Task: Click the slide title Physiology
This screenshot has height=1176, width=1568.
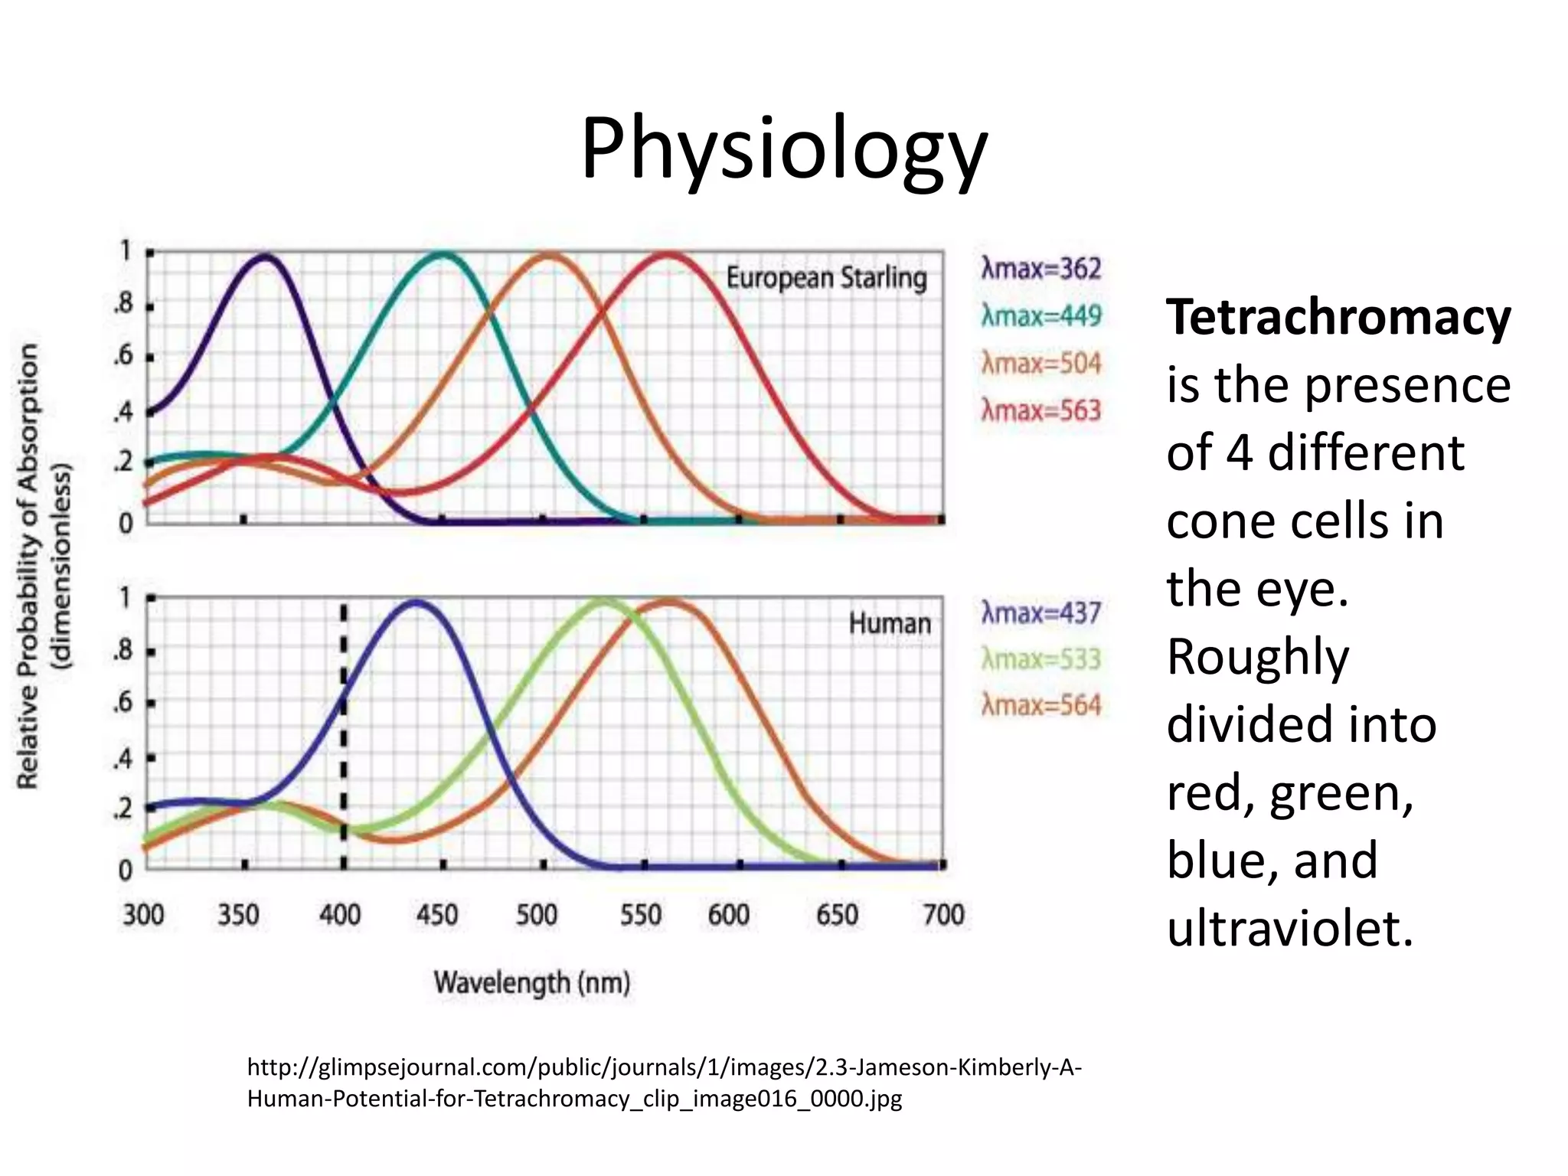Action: point(784,149)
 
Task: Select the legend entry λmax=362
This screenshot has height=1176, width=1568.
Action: point(1040,269)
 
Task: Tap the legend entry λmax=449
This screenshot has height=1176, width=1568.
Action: point(1040,315)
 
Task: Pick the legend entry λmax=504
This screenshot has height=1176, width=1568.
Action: point(1040,363)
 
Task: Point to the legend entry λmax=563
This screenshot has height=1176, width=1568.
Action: point(1040,411)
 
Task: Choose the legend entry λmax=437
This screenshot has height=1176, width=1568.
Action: point(1040,612)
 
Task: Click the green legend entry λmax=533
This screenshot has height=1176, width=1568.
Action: point(1040,659)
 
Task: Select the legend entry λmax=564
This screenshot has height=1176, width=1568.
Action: point(1040,705)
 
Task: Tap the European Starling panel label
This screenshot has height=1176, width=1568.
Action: point(826,278)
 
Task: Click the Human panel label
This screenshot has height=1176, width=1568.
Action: point(890,623)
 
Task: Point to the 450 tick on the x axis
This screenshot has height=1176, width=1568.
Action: point(436,915)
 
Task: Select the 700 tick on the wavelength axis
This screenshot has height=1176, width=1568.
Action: point(943,915)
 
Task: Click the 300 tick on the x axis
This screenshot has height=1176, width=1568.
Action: point(143,915)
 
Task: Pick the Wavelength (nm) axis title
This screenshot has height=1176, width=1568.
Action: point(532,982)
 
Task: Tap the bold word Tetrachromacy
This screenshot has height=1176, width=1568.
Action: point(1338,318)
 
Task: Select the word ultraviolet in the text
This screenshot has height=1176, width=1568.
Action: point(1289,929)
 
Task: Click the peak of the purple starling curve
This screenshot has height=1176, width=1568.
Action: point(266,256)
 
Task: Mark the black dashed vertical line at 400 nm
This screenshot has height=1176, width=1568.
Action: point(344,735)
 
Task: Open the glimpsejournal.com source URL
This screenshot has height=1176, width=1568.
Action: point(664,1083)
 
